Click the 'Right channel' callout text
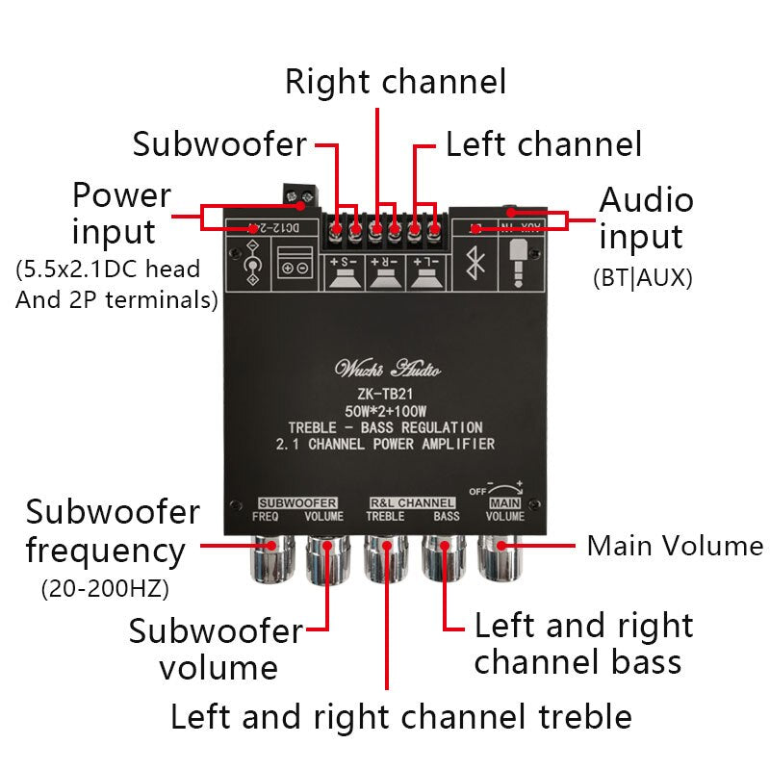pos(395,82)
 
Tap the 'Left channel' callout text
pos(543,144)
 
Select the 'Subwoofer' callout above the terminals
pos(219,144)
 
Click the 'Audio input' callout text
pos(646,218)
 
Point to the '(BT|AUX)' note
pos(642,278)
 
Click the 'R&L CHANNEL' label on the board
pos(412,502)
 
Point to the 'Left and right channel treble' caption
pos(400,717)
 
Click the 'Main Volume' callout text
pos(675,547)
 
